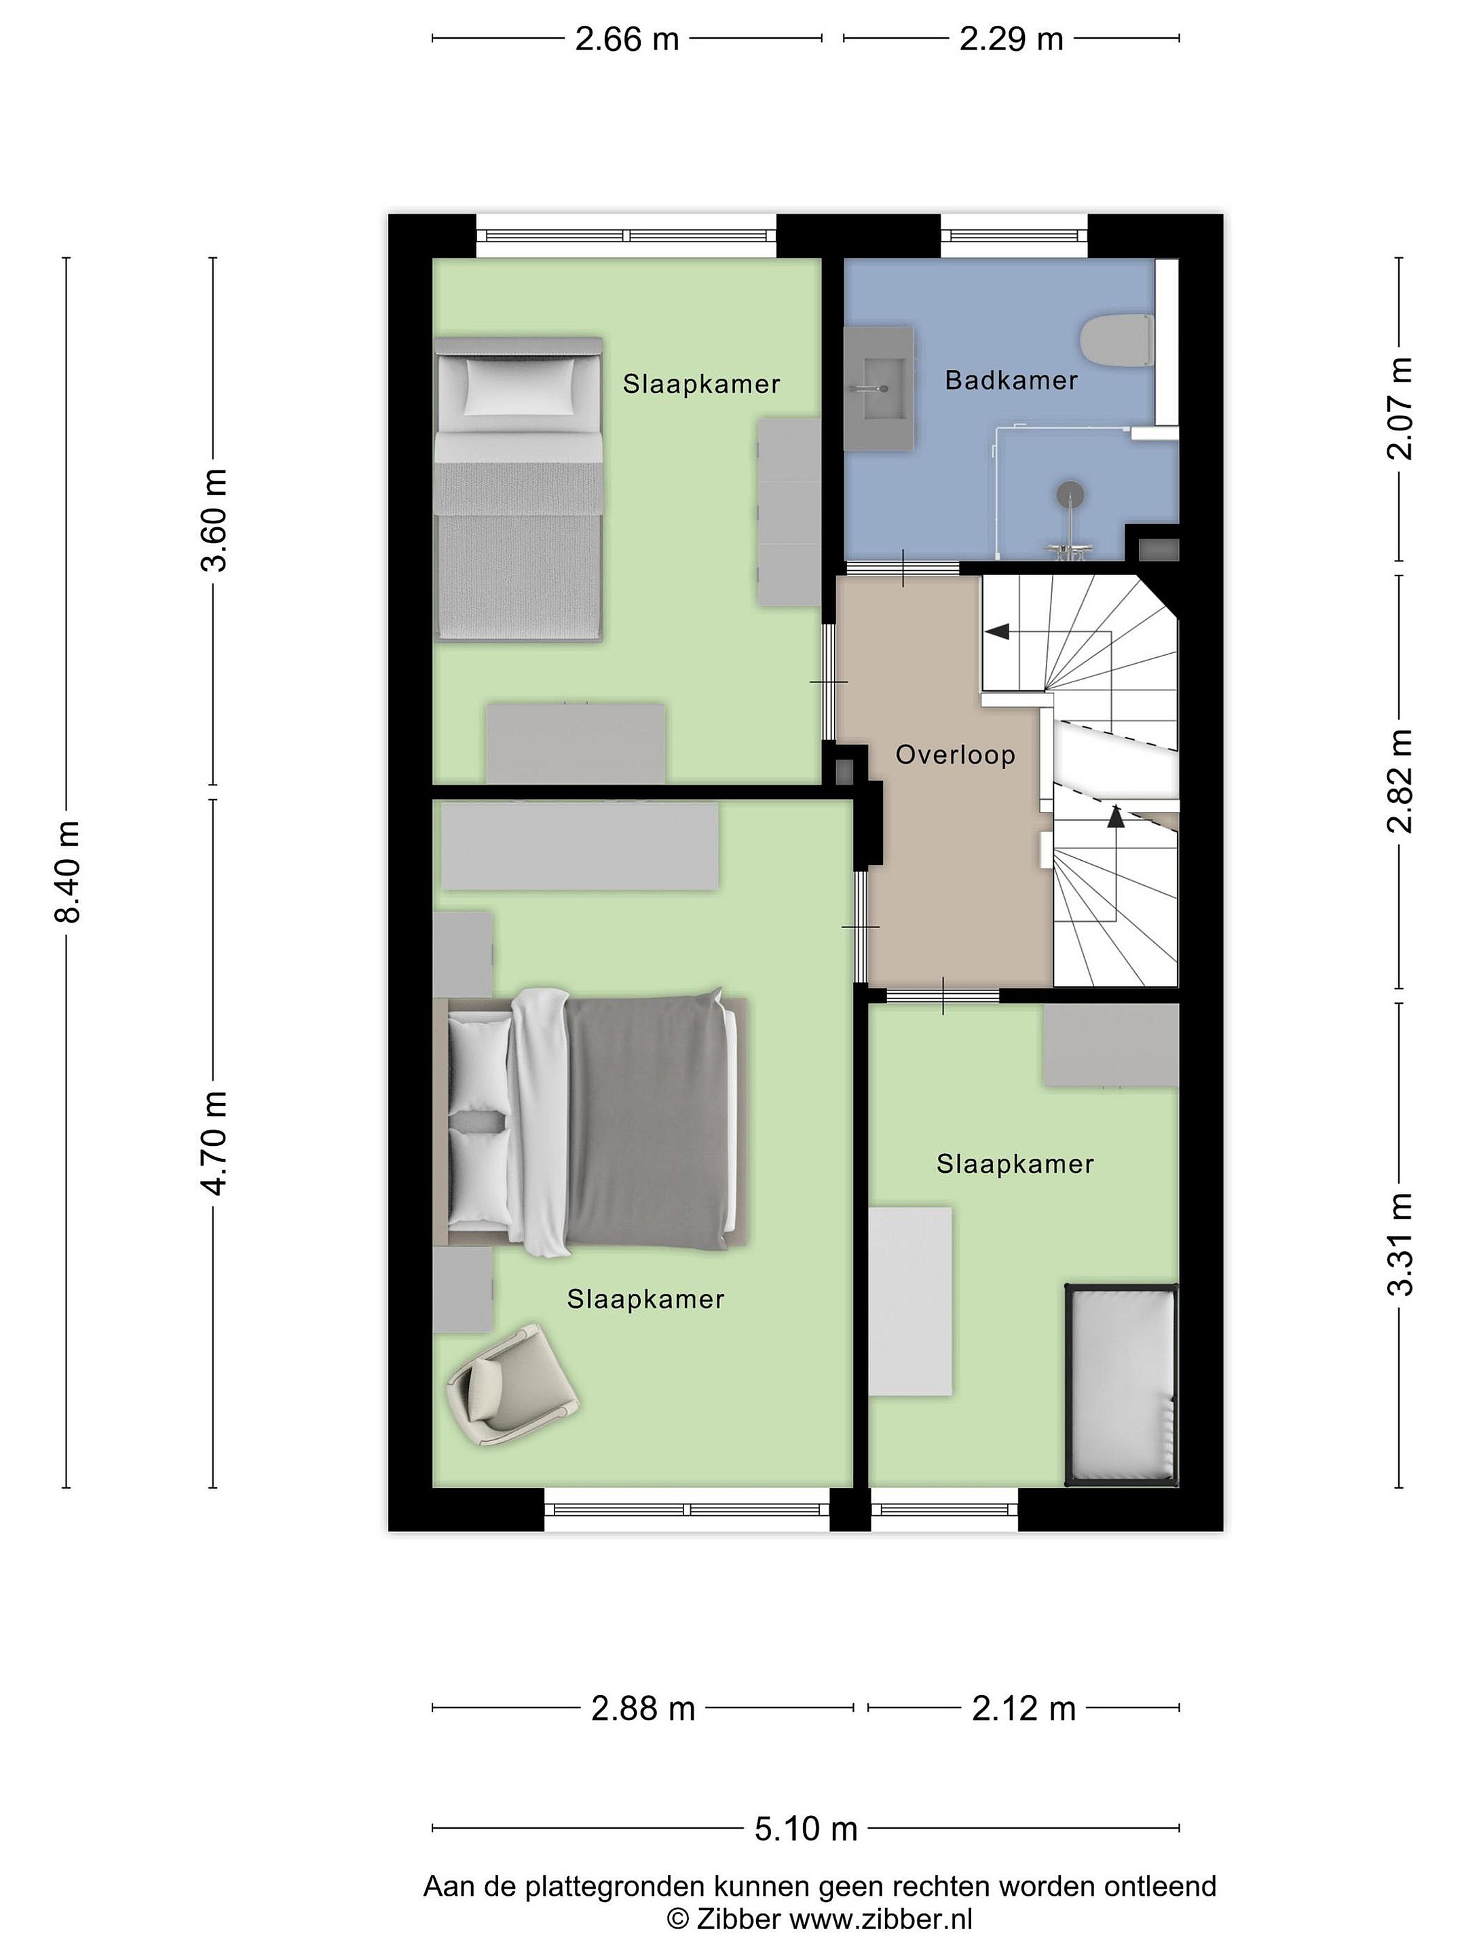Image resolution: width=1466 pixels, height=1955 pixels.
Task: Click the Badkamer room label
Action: click(1011, 381)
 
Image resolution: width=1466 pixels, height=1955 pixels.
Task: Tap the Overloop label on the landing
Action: click(955, 755)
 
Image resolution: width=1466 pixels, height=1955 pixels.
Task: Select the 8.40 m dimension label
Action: click(67, 870)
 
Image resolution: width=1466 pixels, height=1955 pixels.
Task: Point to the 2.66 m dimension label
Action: click(626, 39)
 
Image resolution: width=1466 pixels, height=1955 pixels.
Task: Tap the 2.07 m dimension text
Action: click(1399, 409)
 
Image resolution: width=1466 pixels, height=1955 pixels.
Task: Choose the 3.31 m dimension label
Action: click(1399, 1244)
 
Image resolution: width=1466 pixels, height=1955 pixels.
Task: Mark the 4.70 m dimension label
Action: click(214, 1144)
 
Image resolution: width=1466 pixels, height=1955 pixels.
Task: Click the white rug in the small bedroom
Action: click(910, 1301)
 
